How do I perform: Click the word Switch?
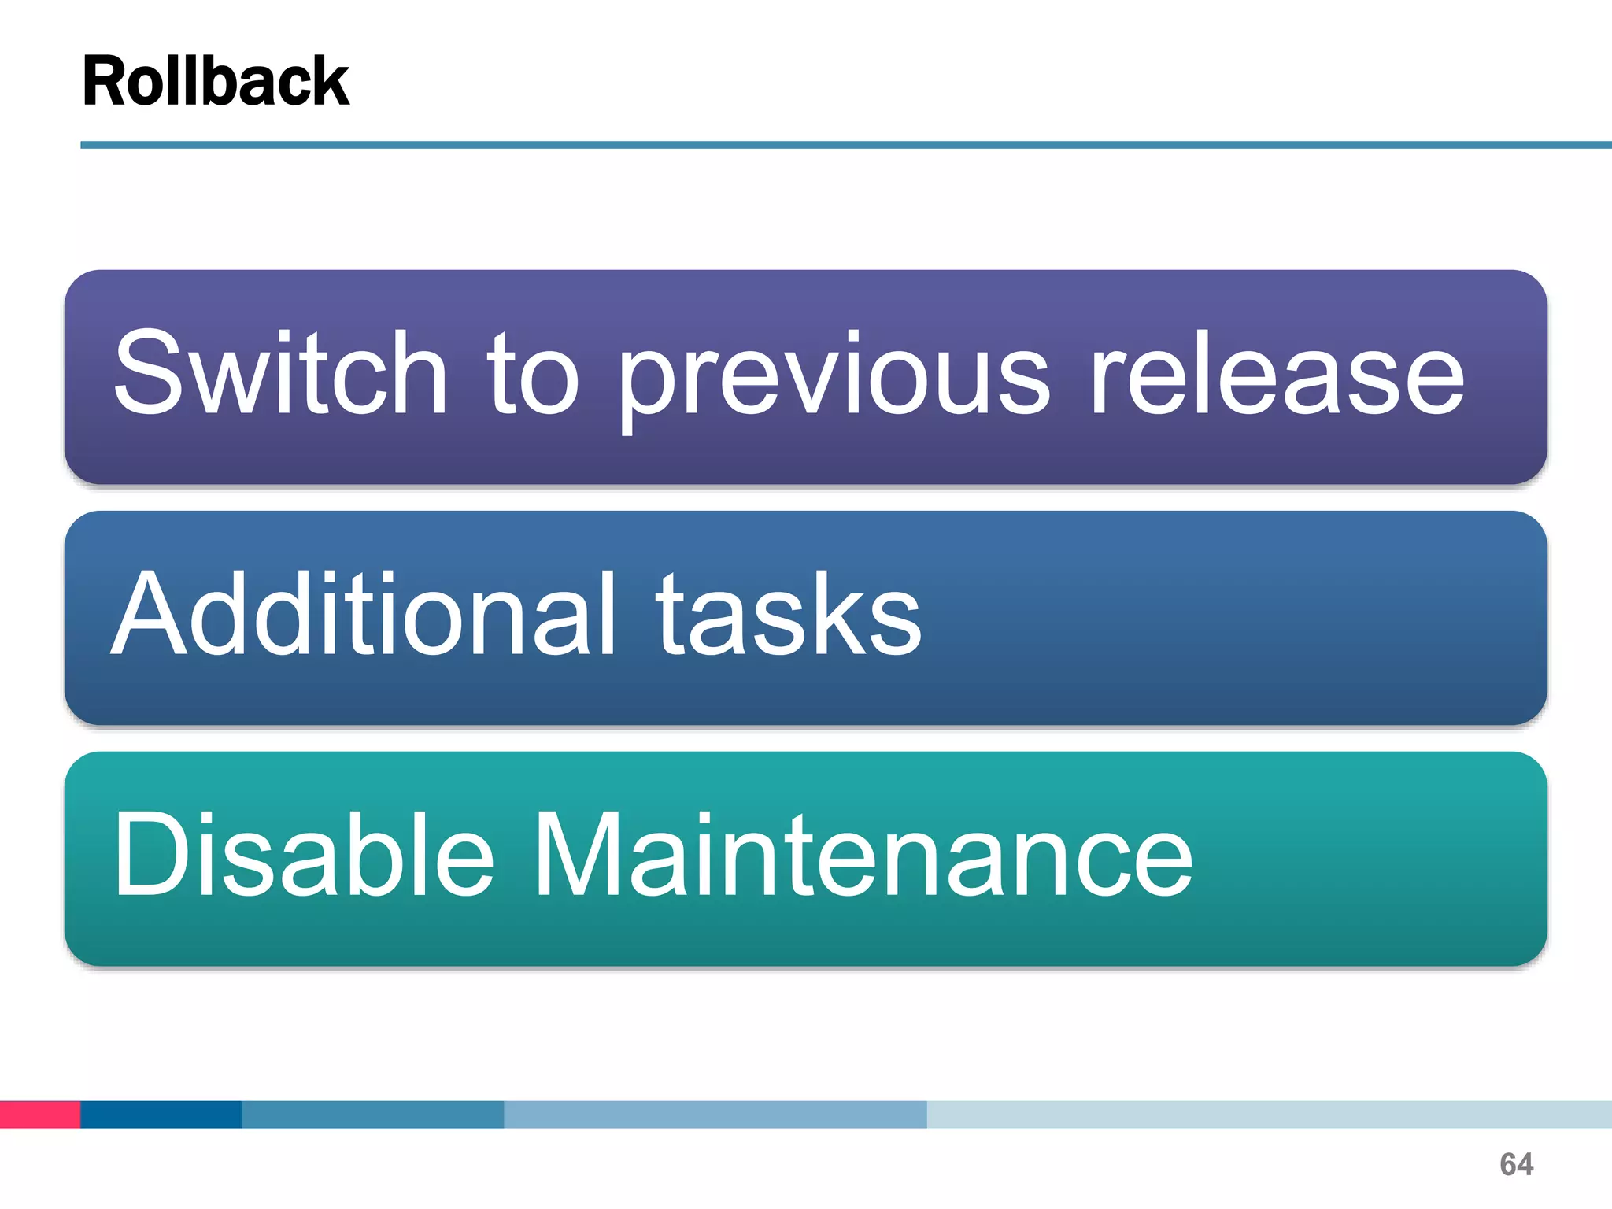tap(280, 373)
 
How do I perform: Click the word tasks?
tap(789, 615)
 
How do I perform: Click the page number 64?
tap(1516, 1164)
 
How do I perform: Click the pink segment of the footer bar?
tap(39, 1115)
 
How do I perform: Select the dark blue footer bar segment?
tap(161, 1115)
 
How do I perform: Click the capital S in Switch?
tap(150, 373)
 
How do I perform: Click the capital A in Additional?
tap(149, 613)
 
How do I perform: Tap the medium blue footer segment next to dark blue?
tap(372, 1115)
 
